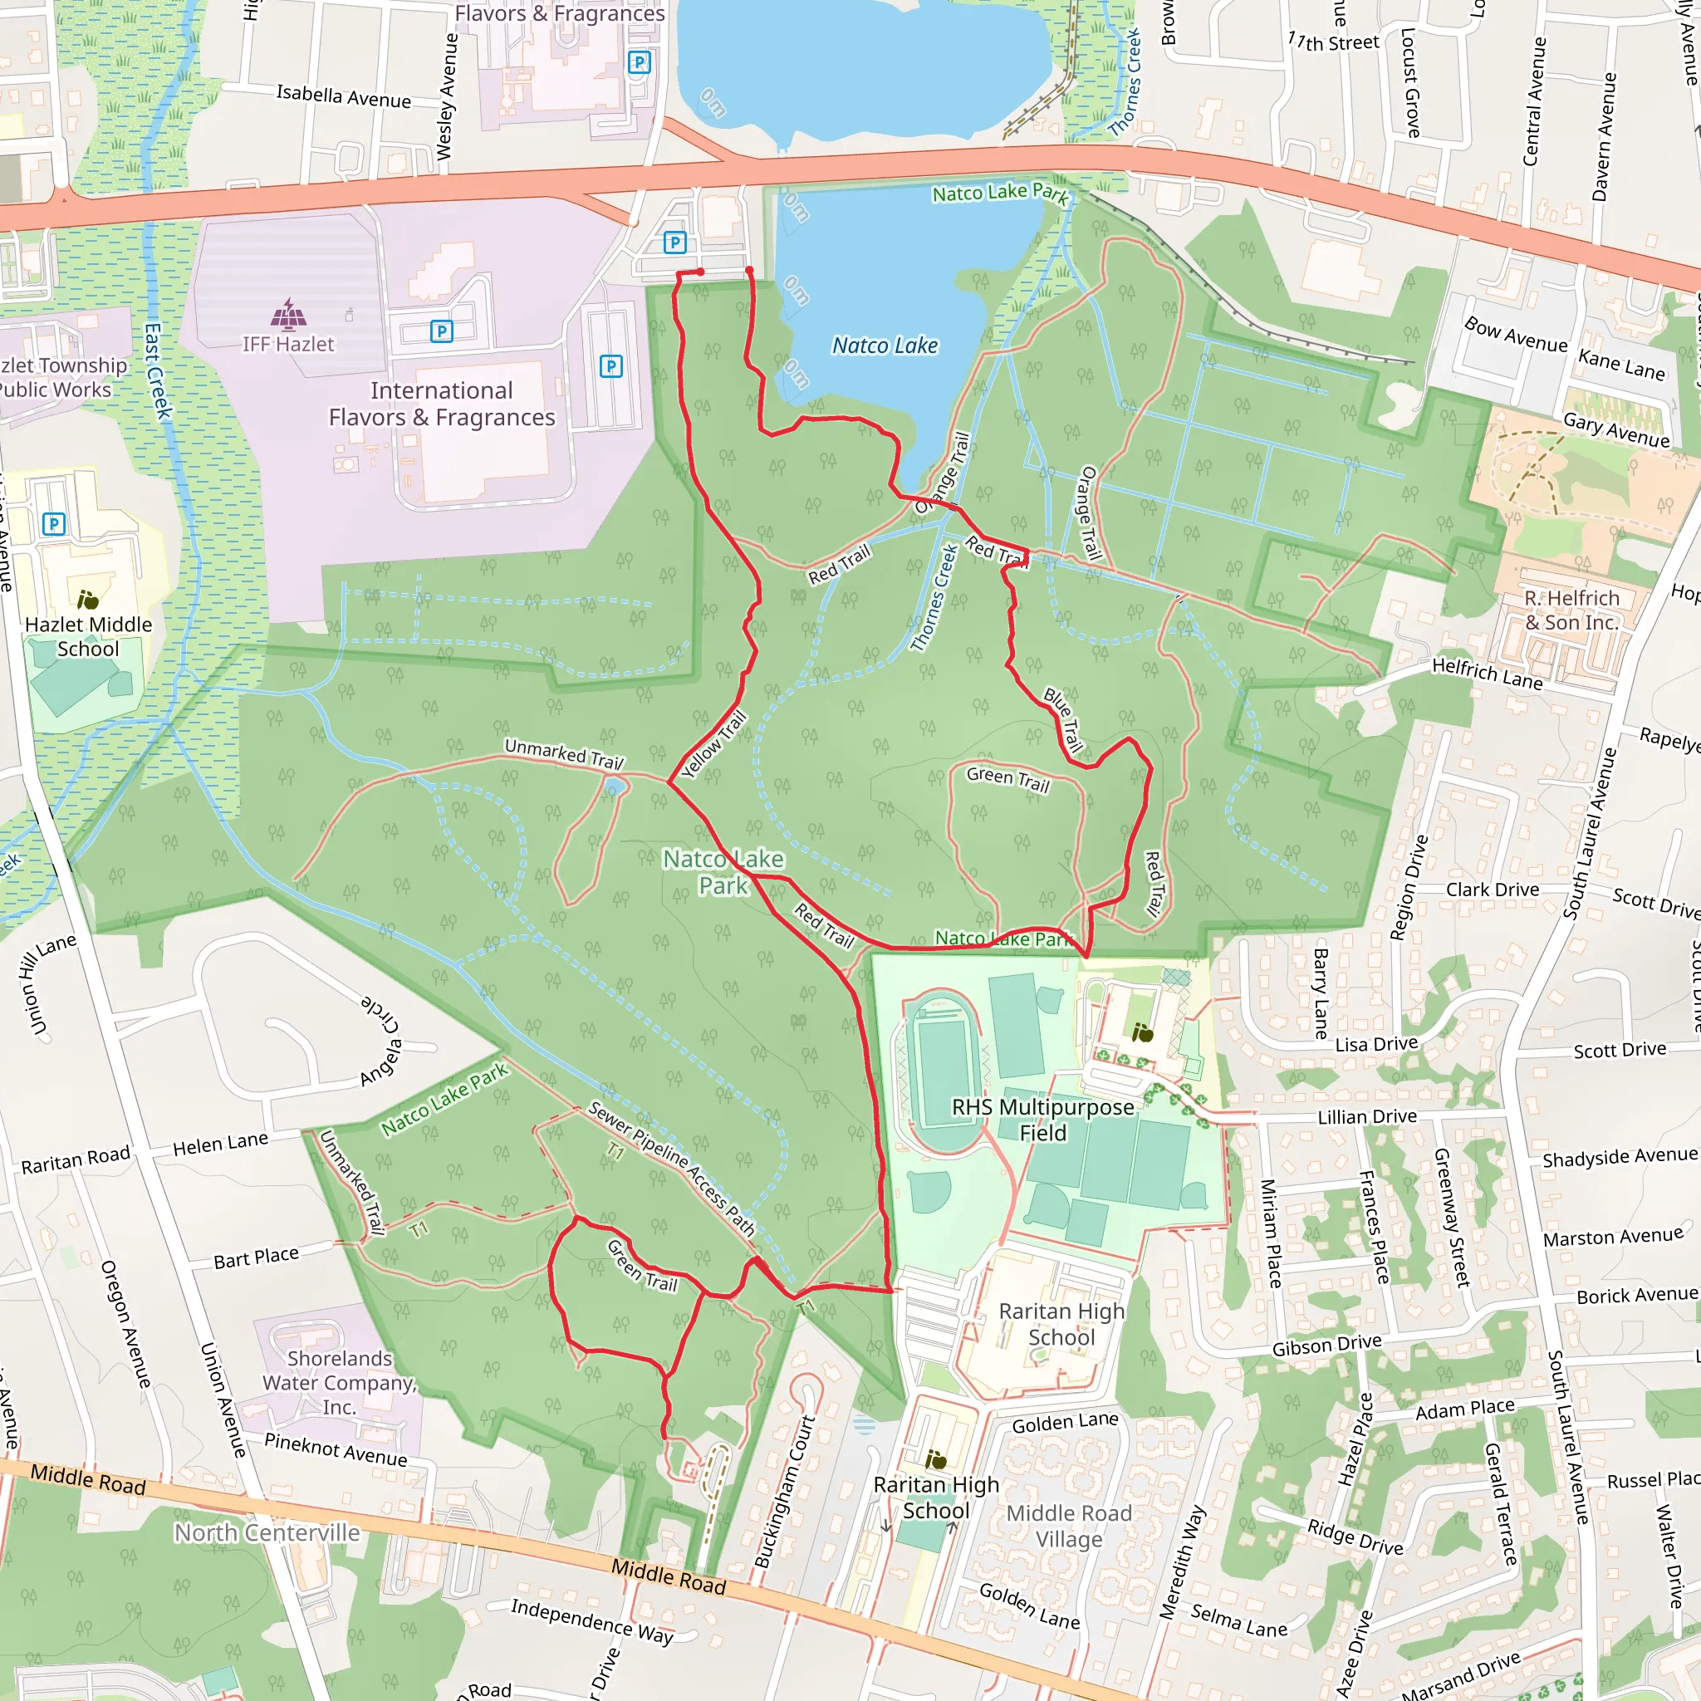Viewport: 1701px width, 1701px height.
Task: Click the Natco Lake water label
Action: pos(885,346)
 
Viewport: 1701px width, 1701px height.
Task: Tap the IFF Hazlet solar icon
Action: pos(289,313)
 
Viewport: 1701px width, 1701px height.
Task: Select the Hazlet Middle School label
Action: pos(88,635)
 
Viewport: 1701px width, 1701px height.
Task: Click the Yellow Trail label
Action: pos(714,744)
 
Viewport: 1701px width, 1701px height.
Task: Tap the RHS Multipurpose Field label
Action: pos(1042,1119)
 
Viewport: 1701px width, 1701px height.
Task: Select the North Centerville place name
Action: pos(267,1533)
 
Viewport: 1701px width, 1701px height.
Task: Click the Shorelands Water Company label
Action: pos(339,1382)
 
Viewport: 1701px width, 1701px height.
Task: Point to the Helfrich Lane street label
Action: pos(1487,674)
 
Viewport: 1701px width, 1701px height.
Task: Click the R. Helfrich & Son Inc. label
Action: pos(1571,610)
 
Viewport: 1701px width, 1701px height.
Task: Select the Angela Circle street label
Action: pos(380,1040)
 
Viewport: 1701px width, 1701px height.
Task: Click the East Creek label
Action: pos(158,370)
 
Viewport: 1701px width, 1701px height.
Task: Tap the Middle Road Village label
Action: pos(1069,1526)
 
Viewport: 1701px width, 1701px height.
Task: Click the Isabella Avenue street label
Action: pos(343,96)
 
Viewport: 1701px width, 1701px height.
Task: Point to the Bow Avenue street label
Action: pos(1515,335)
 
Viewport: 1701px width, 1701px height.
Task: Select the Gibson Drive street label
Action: pos(1326,1345)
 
